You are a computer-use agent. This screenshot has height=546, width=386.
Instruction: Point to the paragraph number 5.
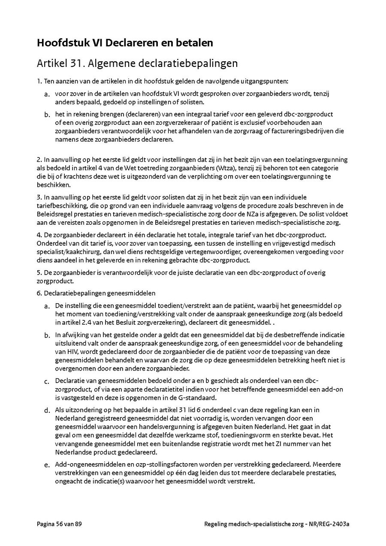[x=39, y=273]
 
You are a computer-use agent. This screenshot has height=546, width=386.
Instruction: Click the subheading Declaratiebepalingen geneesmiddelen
[x=100, y=293]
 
